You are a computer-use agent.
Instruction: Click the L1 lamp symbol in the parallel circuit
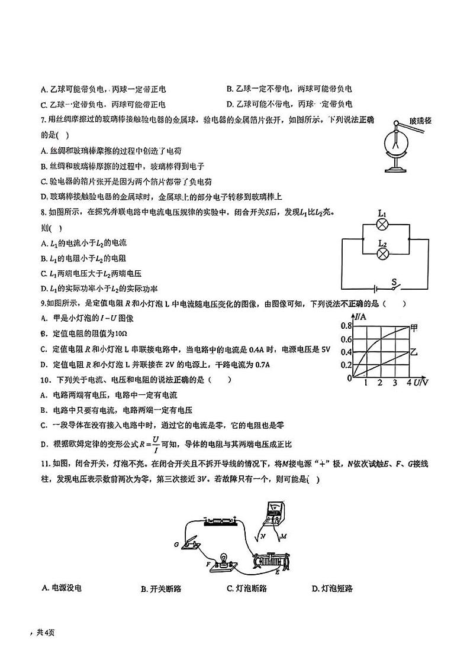383,224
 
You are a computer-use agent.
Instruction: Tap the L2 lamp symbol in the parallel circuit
383,254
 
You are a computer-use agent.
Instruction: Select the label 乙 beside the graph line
414,352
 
